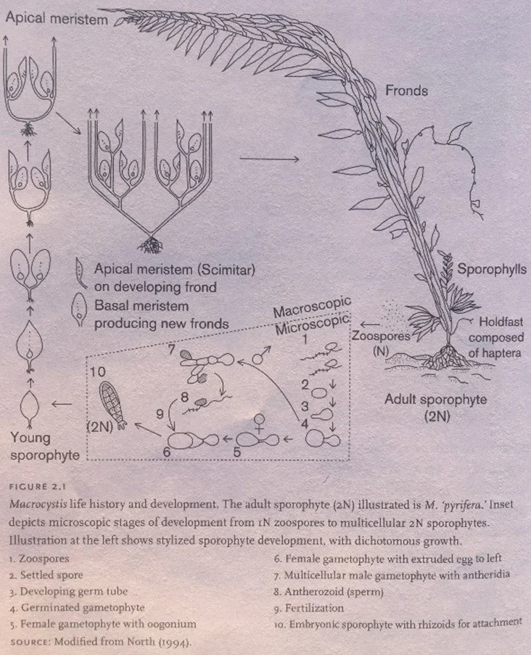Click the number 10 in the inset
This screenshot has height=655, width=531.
pos(99,371)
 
